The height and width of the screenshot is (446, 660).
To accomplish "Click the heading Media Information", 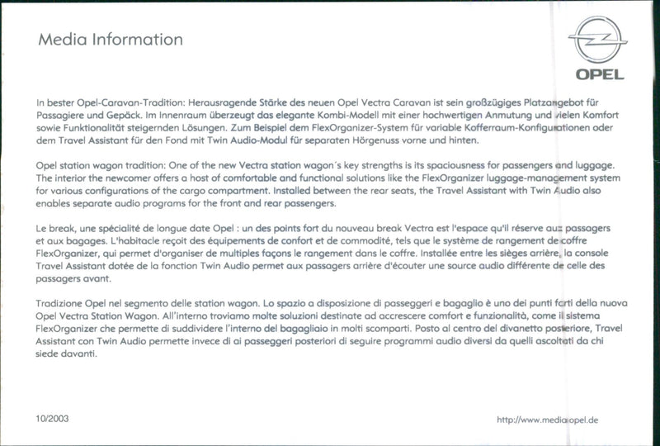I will [110, 40].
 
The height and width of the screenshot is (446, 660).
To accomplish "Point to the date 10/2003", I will [53, 419].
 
